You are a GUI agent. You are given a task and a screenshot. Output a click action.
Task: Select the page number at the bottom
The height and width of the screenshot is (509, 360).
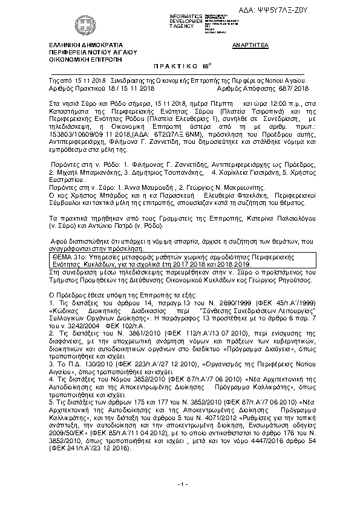point(180,501)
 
